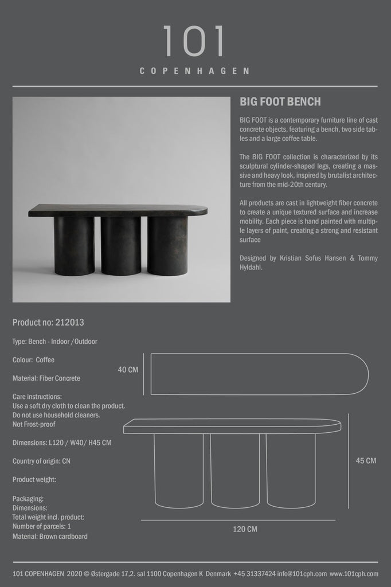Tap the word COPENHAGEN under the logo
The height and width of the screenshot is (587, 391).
195,72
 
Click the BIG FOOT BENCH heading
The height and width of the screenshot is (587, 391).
280,102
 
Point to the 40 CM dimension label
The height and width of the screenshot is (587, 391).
128,370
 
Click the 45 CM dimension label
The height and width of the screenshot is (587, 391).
366,460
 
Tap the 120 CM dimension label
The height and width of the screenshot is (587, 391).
245,529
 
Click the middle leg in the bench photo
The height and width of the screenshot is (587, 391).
121,245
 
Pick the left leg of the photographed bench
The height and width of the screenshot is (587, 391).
74,245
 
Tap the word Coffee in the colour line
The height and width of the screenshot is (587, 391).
45,360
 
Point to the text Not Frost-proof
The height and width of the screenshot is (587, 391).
34,424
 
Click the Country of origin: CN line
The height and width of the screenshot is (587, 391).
41,461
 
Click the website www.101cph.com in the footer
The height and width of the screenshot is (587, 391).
355,574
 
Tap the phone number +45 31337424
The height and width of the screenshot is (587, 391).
255,574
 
